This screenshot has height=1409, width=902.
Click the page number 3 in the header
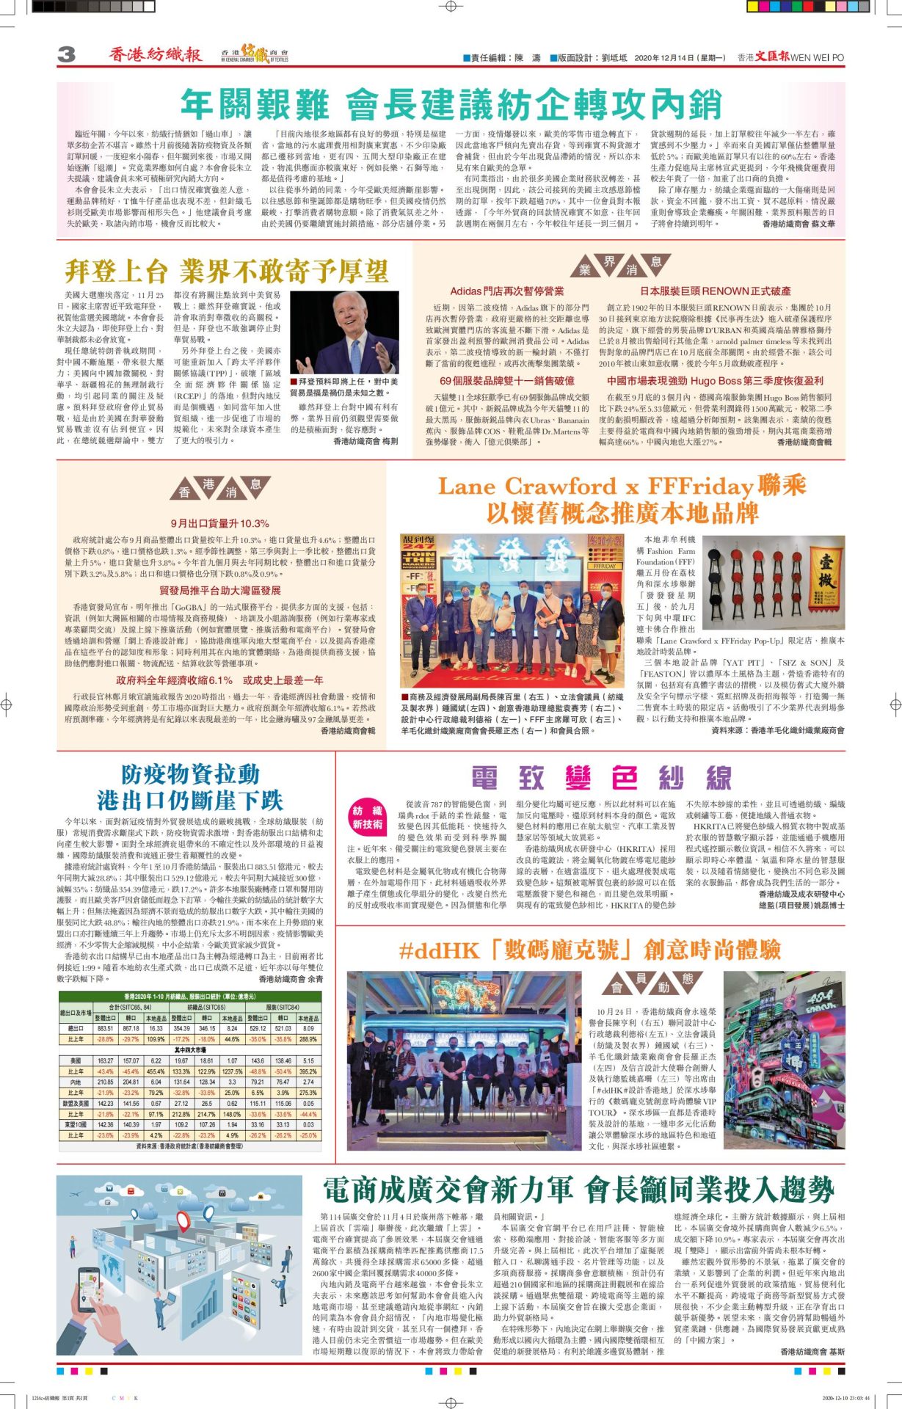point(66,54)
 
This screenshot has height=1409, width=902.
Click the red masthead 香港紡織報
point(155,54)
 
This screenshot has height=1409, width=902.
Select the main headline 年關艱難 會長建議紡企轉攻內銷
point(451,105)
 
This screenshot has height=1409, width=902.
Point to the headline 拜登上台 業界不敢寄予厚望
point(226,272)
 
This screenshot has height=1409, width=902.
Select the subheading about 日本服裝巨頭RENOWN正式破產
point(715,291)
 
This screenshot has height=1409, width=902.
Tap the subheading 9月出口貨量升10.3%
point(219,523)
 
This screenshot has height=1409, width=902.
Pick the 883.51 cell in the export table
point(106,1029)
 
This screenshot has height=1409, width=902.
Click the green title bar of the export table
point(189,996)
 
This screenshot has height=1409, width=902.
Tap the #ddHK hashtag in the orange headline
point(438,951)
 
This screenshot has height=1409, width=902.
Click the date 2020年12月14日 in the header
point(669,57)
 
